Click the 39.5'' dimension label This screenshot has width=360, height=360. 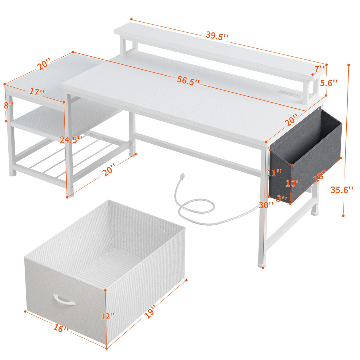(x=217, y=35)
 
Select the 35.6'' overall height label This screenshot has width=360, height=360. (x=342, y=189)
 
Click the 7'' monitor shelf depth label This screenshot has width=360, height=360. (x=320, y=69)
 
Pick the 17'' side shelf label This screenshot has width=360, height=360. (x=37, y=92)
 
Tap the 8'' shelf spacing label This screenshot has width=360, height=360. (x=9, y=105)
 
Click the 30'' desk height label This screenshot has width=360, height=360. (x=266, y=205)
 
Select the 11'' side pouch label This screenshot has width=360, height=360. (x=274, y=173)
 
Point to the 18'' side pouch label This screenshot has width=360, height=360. (x=319, y=175)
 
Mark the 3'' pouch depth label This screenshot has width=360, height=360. (x=281, y=198)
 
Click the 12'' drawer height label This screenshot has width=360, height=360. (x=107, y=316)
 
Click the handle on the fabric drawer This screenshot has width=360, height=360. (x=64, y=300)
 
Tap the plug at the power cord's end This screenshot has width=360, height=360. (x=182, y=177)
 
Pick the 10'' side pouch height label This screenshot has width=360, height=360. (x=293, y=183)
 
